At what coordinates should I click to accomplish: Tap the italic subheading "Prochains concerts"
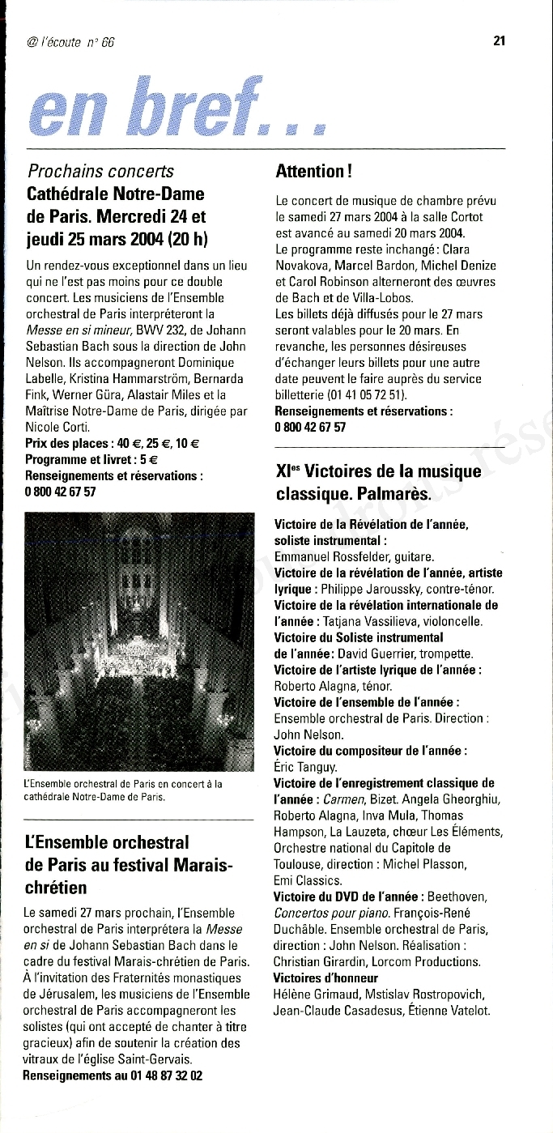coord(100,171)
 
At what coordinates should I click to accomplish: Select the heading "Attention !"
coord(310,171)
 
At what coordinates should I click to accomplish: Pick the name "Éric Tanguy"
coord(305,766)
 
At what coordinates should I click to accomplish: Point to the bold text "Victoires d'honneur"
coord(326,978)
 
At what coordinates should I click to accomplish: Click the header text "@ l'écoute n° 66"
coord(71,42)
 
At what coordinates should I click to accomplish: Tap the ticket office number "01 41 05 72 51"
coord(367,394)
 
